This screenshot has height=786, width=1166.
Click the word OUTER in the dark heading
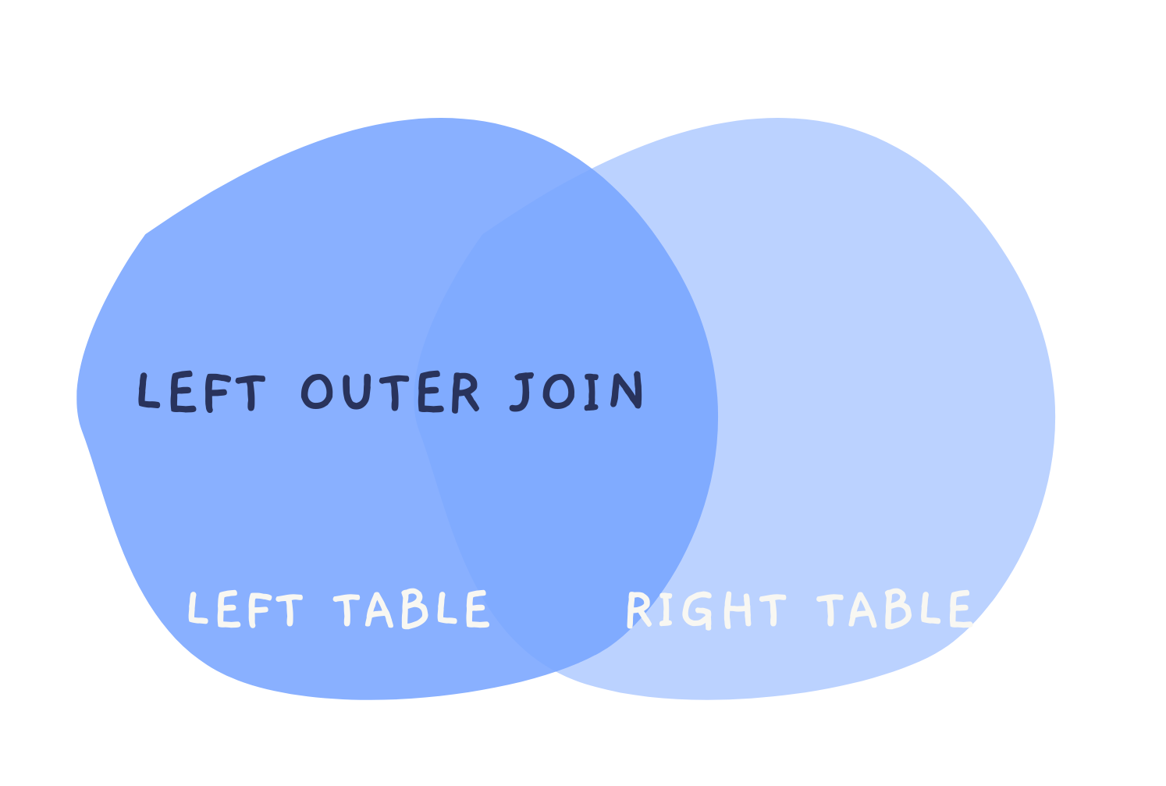point(389,391)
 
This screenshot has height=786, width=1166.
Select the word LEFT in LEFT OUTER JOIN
point(201,392)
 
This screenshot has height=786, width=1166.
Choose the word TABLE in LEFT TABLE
point(411,610)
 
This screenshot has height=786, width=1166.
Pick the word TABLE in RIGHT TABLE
point(894,610)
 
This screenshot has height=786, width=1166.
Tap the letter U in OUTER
point(358,392)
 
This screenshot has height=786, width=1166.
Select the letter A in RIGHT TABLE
point(862,610)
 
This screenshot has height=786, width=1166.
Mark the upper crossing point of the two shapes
point(587,169)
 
